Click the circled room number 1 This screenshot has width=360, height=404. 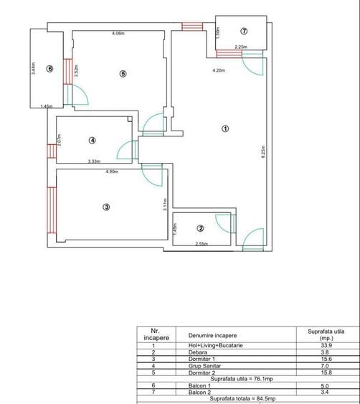(x=225, y=129)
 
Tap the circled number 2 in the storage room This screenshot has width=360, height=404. (x=201, y=228)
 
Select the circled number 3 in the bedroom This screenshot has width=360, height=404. (x=106, y=208)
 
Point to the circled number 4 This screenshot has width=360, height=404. (x=93, y=140)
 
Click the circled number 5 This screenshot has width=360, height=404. (x=123, y=73)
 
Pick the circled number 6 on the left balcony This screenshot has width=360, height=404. (x=49, y=69)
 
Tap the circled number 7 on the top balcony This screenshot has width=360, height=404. (x=244, y=31)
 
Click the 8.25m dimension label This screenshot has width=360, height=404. (x=264, y=155)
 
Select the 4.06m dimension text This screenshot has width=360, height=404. (x=118, y=34)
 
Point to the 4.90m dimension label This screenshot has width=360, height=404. (x=112, y=172)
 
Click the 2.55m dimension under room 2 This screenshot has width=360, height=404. (x=203, y=245)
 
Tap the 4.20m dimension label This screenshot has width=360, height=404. (x=219, y=70)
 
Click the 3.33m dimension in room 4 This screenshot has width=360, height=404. (x=94, y=161)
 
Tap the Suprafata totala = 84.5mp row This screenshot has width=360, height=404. (x=249, y=397)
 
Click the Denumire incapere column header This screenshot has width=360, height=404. (x=213, y=335)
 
